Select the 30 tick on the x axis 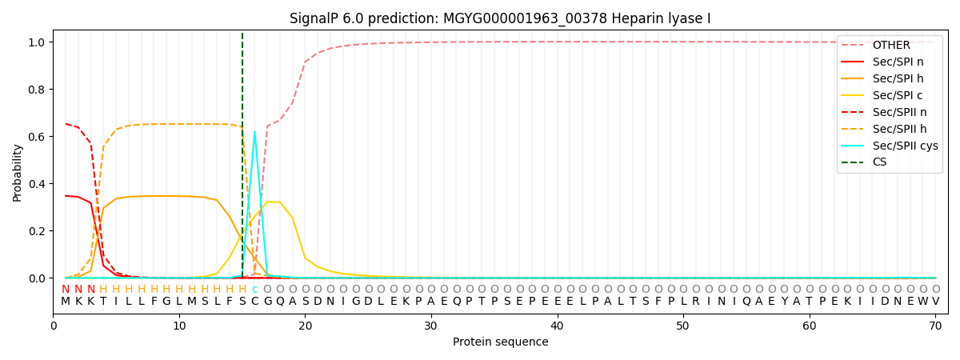[x=431, y=326]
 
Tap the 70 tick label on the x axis [x=935, y=326]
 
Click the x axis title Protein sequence [x=500, y=342]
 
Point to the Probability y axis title [x=17, y=172]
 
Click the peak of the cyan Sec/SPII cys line [x=254, y=132]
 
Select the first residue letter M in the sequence [x=66, y=302]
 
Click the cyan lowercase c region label [x=254, y=290]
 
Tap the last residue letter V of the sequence [x=935, y=302]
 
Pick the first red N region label [x=66, y=290]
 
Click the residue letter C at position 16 [x=254, y=302]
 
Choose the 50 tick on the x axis [x=683, y=326]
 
